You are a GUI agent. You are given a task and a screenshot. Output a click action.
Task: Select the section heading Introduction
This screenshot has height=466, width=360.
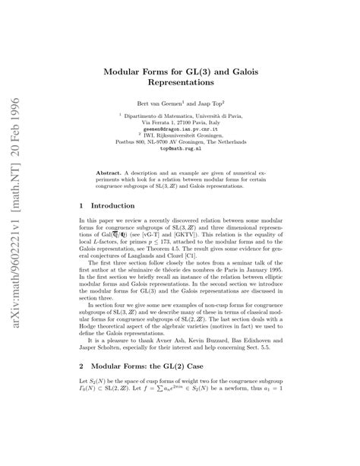(x=113, y=205)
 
